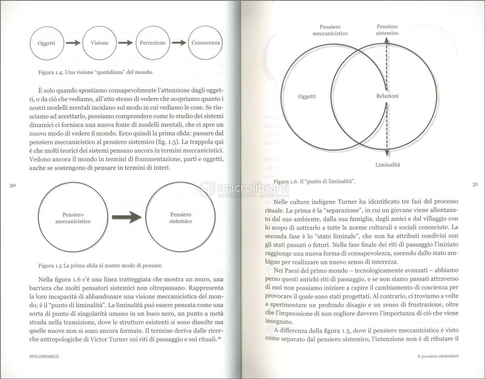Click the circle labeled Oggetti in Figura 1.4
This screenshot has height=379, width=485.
point(46,43)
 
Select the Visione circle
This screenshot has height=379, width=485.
point(99,43)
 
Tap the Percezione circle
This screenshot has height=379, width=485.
point(153,43)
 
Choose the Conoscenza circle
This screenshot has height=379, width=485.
point(206,43)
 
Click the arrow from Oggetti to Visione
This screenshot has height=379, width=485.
point(73,43)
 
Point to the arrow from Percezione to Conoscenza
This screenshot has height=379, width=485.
point(179,43)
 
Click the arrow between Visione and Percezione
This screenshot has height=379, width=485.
point(126,43)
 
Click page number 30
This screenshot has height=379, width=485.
point(12,185)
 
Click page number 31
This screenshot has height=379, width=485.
point(475,185)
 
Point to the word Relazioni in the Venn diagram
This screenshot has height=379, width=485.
point(387,96)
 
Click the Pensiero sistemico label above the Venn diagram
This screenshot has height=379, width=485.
point(387,29)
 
